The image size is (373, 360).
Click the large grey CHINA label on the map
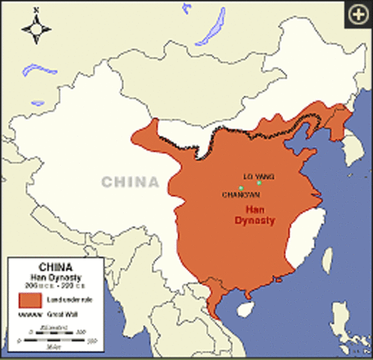click(x=130, y=182)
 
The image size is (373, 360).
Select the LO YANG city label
click(x=260, y=175)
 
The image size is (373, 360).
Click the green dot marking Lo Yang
click(x=259, y=182)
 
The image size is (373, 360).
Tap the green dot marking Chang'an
click(x=240, y=187)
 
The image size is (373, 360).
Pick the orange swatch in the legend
click(x=29, y=300)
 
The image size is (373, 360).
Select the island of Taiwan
click(x=326, y=259)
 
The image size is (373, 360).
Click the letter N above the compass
click(x=36, y=10)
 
